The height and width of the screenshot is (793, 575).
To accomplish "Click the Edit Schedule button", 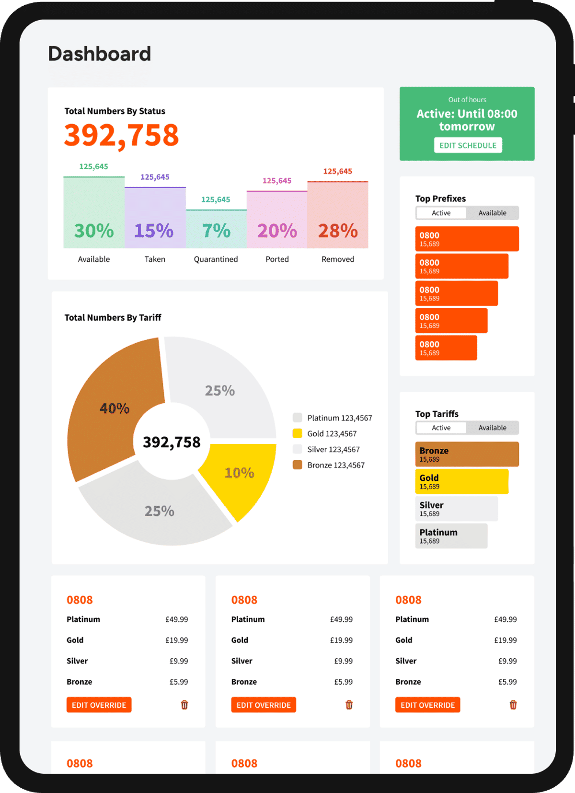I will click(468, 145).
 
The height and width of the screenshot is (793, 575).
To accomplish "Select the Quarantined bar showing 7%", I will click(216, 229).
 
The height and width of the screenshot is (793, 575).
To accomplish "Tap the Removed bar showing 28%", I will click(338, 215).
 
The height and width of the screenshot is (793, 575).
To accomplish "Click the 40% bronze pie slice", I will click(114, 408).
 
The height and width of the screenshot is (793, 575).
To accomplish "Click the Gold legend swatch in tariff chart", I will click(298, 433).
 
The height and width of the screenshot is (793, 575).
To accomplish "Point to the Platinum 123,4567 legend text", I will click(340, 418).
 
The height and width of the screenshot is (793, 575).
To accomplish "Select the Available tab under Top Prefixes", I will click(492, 213).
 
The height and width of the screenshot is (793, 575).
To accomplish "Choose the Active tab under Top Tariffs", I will click(441, 428).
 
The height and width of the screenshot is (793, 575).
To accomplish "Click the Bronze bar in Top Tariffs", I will click(467, 454).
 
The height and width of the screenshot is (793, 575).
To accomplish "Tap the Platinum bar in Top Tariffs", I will click(451, 536).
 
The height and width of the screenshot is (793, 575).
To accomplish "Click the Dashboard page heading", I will click(100, 54).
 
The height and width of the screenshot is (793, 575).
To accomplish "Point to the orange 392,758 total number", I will click(122, 135).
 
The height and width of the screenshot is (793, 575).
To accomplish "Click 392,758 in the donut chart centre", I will click(172, 442).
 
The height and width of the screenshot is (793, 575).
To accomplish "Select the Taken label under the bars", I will click(155, 259).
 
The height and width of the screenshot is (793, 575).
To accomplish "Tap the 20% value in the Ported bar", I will click(277, 231).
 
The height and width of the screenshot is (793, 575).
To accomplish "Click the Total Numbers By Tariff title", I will click(113, 317).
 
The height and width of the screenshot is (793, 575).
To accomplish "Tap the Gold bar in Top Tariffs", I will click(461, 481).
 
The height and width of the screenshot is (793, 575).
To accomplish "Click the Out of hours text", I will click(467, 100).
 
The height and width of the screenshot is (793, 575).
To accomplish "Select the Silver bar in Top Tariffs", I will click(456, 509).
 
